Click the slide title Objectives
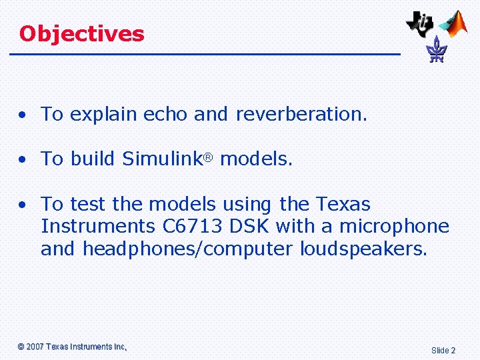pos(81,33)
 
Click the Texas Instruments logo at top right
pos(421,23)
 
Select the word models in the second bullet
pos(256,159)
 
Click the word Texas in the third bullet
pos(343,203)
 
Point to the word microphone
pos(395,226)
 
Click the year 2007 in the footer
pos(35,347)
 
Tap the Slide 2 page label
pos(443,350)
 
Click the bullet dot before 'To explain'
pos(23,115)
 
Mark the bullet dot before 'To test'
pos(23,205)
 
